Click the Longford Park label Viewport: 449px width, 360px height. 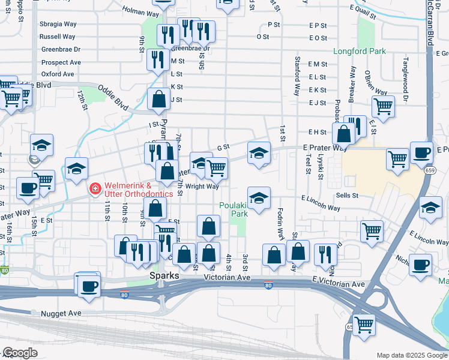360,52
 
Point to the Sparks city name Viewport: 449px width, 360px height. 164,275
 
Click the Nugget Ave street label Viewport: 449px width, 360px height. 61,313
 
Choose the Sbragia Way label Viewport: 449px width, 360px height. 58,24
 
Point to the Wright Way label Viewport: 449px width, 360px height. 202,187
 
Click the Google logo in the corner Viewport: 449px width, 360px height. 20,352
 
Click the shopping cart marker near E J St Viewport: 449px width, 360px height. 383,107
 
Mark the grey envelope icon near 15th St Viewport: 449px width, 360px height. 35,160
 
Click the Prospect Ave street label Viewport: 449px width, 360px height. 61,62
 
